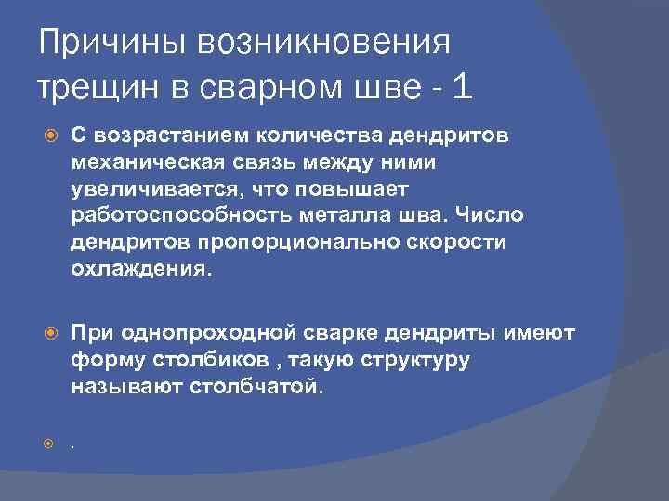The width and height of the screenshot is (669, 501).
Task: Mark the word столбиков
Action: tap(200, 359)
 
